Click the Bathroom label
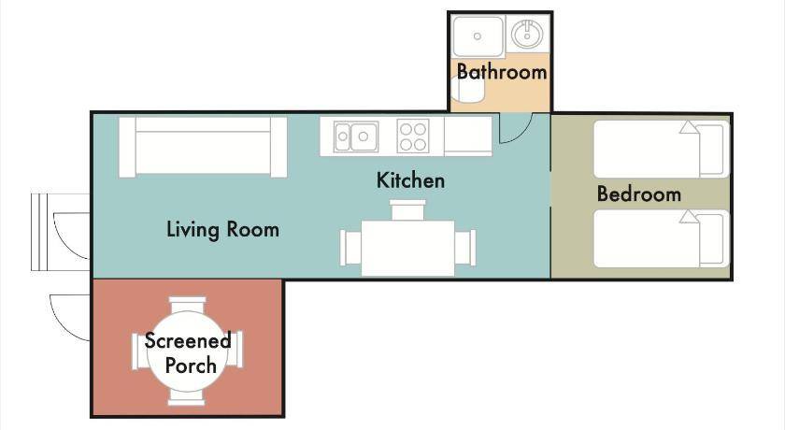click(502, 72)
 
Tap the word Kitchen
click(410, 180)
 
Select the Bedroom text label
click(639, 193)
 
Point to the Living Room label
click(222, 229)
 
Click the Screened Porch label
click(188, 352)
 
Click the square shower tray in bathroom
click(478, 36)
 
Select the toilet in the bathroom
click(467, 89)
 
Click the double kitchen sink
click(356, 136)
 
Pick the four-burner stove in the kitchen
click(413, 136)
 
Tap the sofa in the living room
click(203, 147)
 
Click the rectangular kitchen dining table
click(407, 248)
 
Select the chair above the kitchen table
click(408, 209)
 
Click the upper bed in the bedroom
click(662, 149)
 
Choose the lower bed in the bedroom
click(662, 238)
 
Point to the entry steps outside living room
click(42, 232)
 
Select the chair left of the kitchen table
click(350, 248)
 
